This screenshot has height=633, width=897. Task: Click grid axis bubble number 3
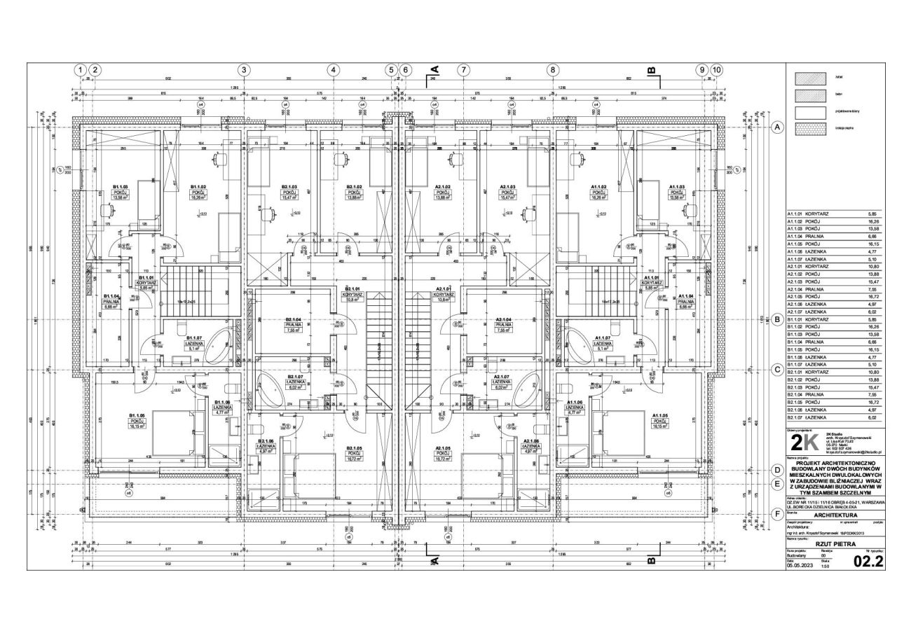(x=243, y=70)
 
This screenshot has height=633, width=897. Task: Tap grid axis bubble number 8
(x=554, y=70)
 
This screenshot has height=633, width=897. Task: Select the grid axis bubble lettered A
(x=777, y=127)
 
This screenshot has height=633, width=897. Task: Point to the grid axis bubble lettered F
(x=777, y=513)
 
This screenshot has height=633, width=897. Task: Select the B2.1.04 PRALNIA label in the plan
(x=293, y=324)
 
